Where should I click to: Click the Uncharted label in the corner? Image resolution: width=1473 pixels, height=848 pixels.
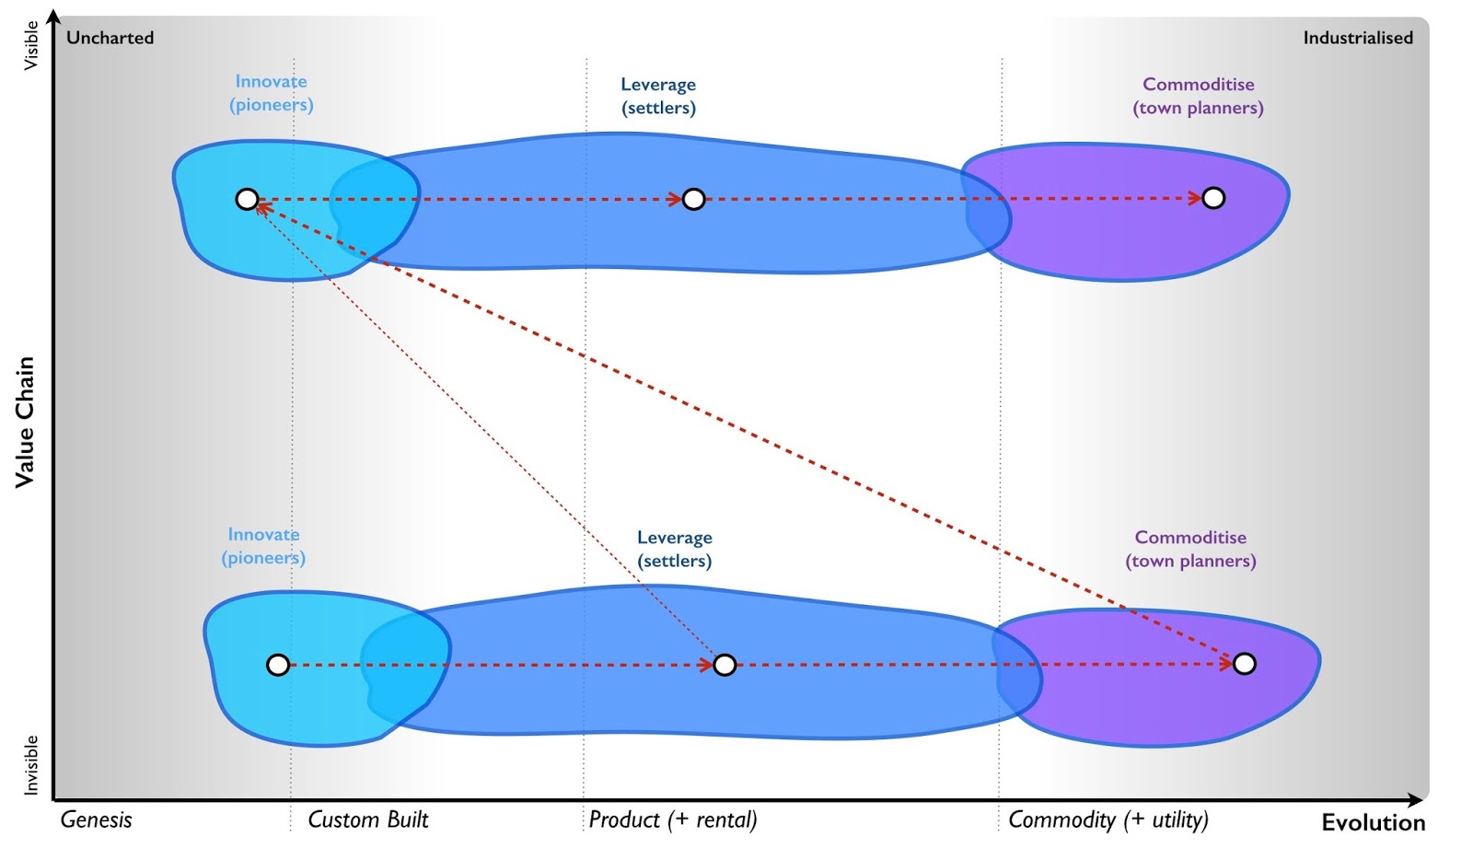[x=110, y=38]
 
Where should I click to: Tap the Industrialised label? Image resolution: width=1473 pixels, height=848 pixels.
[x=1357, y=38]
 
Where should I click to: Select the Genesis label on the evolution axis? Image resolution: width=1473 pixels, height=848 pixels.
[x=96, y=819]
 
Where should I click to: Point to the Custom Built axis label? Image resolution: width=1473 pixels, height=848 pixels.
[x=367, y=819]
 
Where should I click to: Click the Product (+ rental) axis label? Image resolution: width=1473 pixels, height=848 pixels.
[x=672, y=819]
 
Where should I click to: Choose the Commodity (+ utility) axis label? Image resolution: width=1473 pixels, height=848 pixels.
[x=1108, y=819]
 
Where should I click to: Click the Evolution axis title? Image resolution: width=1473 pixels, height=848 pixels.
[x=1373, y=822]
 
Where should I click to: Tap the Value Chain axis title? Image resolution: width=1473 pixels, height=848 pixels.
[x=25, y=422]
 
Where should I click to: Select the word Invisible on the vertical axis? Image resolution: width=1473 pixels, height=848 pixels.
[x=31, y=764]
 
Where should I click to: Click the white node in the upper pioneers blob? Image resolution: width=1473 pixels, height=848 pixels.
[x=247, y=199]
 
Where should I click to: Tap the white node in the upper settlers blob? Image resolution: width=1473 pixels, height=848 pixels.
[x=693, y=199]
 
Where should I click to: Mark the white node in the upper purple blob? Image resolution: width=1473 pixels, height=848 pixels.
[x=1213, y=198]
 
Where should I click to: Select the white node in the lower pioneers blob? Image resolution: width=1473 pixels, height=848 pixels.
[x=277, y=665]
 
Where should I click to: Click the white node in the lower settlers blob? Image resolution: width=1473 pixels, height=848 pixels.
[x=725, y=665]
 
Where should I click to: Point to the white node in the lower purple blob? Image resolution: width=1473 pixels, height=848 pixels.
[x=1244, y=664]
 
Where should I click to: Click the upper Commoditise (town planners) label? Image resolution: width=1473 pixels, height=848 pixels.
[x=1198, y=96]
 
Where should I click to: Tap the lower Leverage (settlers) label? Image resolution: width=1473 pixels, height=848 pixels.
[x=674, y=549]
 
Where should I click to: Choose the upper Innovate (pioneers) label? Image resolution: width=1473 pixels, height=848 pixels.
[x=271, y=93]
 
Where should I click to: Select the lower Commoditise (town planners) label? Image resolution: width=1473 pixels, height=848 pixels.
[x=1190, y=549]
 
